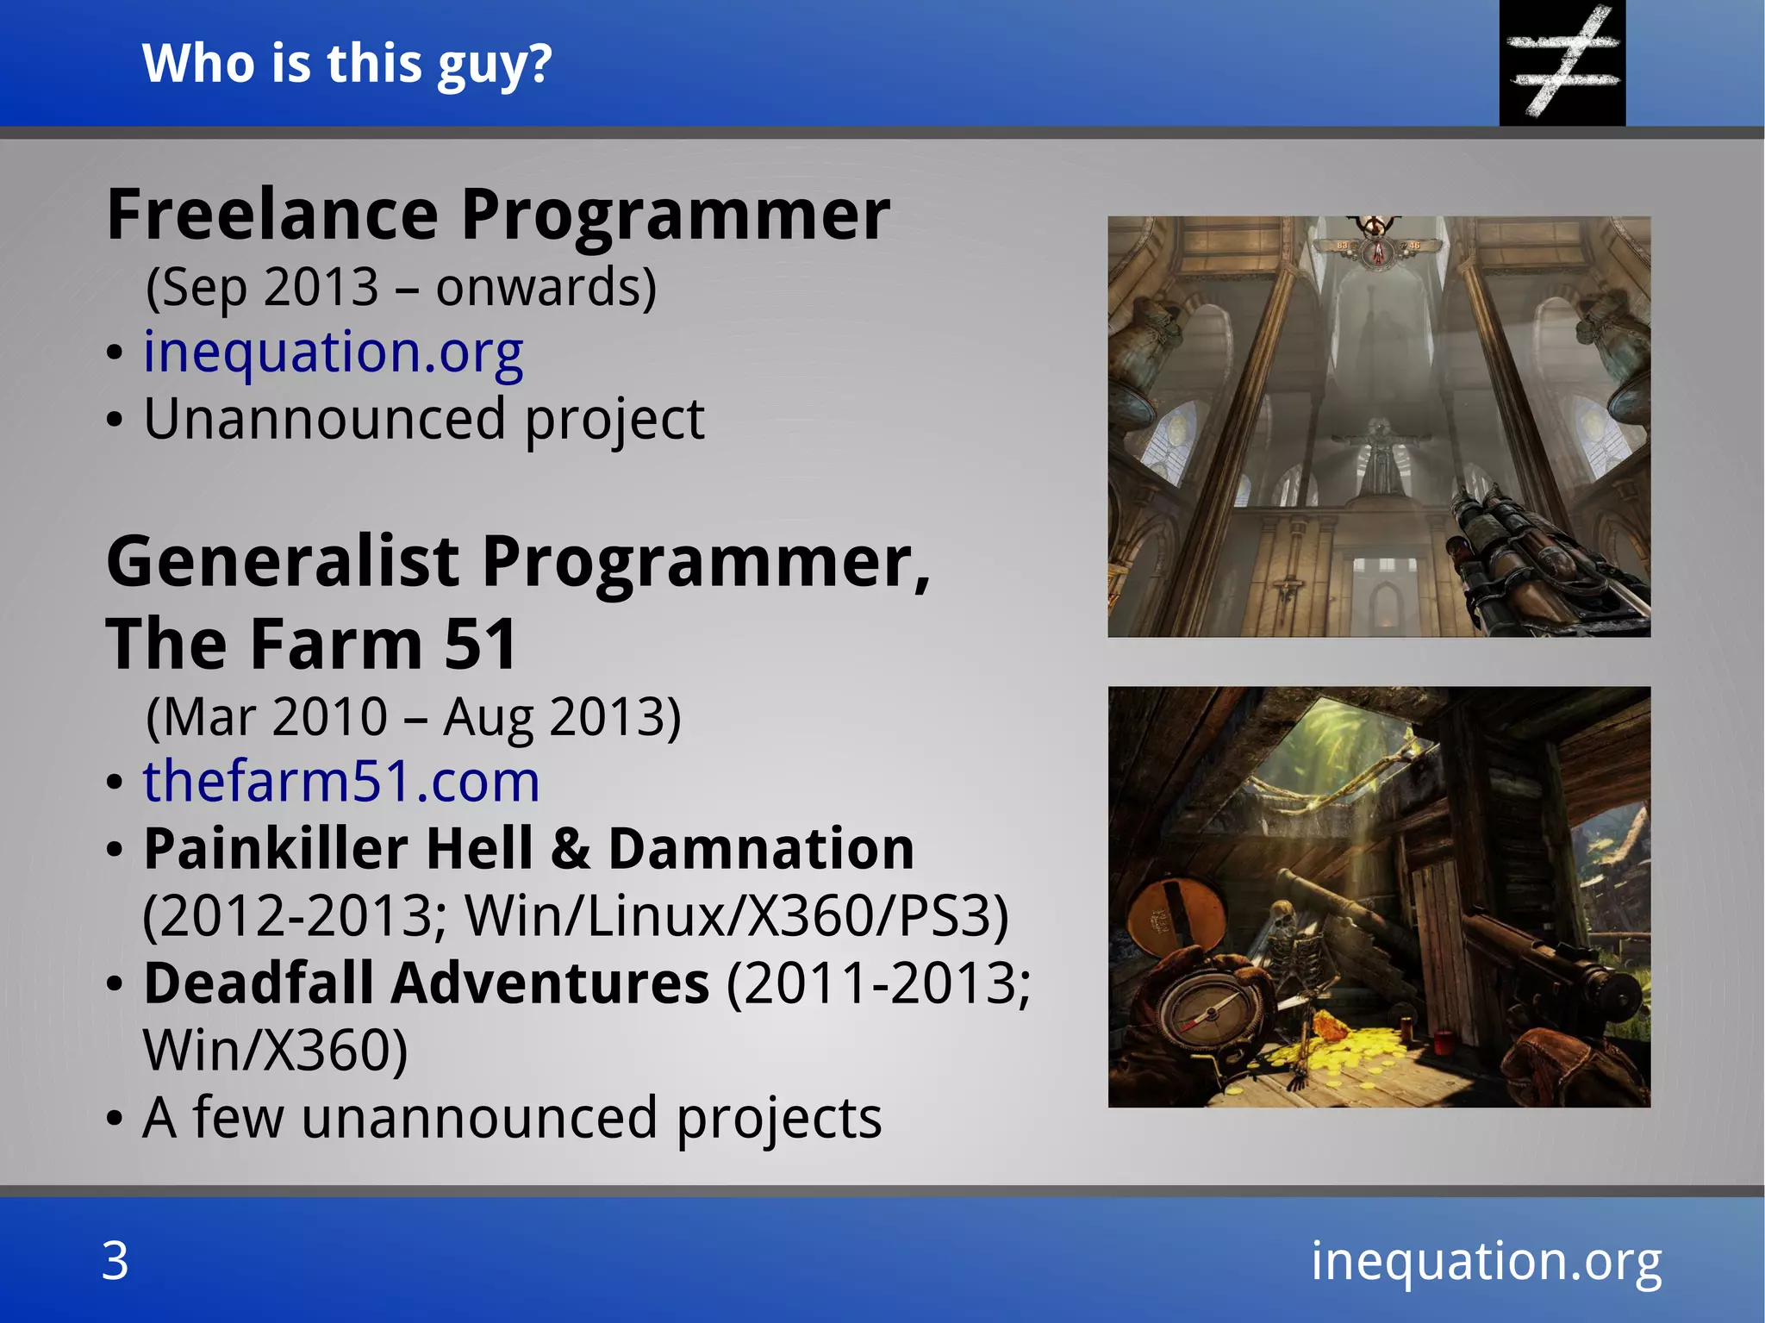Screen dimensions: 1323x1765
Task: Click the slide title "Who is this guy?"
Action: [x=346, y=64]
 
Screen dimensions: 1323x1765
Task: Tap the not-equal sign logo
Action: [x=1562, y=62]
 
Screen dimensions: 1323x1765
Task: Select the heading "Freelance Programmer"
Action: [x=498, y=215]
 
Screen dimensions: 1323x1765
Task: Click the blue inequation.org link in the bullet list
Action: [x=333, y=353]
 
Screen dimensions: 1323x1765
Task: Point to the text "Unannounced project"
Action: [x=423, y=419]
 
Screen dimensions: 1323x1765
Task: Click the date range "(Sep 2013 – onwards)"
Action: [x=401, y=287]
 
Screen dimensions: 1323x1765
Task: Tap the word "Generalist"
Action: [x=283, y=562]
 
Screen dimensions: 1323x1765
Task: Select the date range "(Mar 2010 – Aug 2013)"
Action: [x=414, y=716]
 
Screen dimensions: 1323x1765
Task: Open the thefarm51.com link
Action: [x=341, y=782]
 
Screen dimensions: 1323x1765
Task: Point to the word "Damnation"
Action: [x=761, y=849]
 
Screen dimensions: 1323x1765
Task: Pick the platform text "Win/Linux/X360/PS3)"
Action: [x=737, y=915]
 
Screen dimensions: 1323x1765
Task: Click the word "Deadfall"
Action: [x=259, y=983]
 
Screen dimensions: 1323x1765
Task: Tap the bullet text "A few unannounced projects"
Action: [x=512, y=1118]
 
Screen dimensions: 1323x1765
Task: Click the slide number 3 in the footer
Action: [x=115, y=1261]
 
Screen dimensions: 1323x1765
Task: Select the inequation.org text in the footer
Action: [x=1486, y=1261]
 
